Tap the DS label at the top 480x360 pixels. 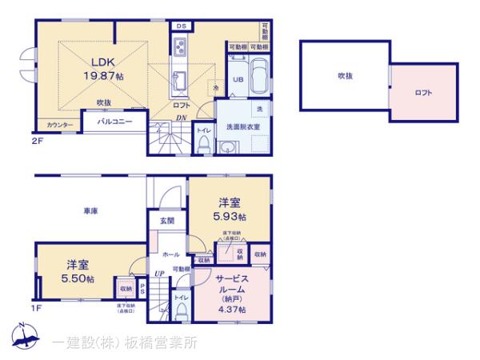[x=181, y=26]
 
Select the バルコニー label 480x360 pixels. [x=114, y=122]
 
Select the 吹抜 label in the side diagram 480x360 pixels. [x=345, y=76]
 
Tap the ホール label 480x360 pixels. [x=171, y=253]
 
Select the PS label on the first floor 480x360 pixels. [x=142, y=288]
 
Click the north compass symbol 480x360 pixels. [x=22, y=335]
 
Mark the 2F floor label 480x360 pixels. [x=36, y=141]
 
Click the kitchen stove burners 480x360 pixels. [x=179, y=45]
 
